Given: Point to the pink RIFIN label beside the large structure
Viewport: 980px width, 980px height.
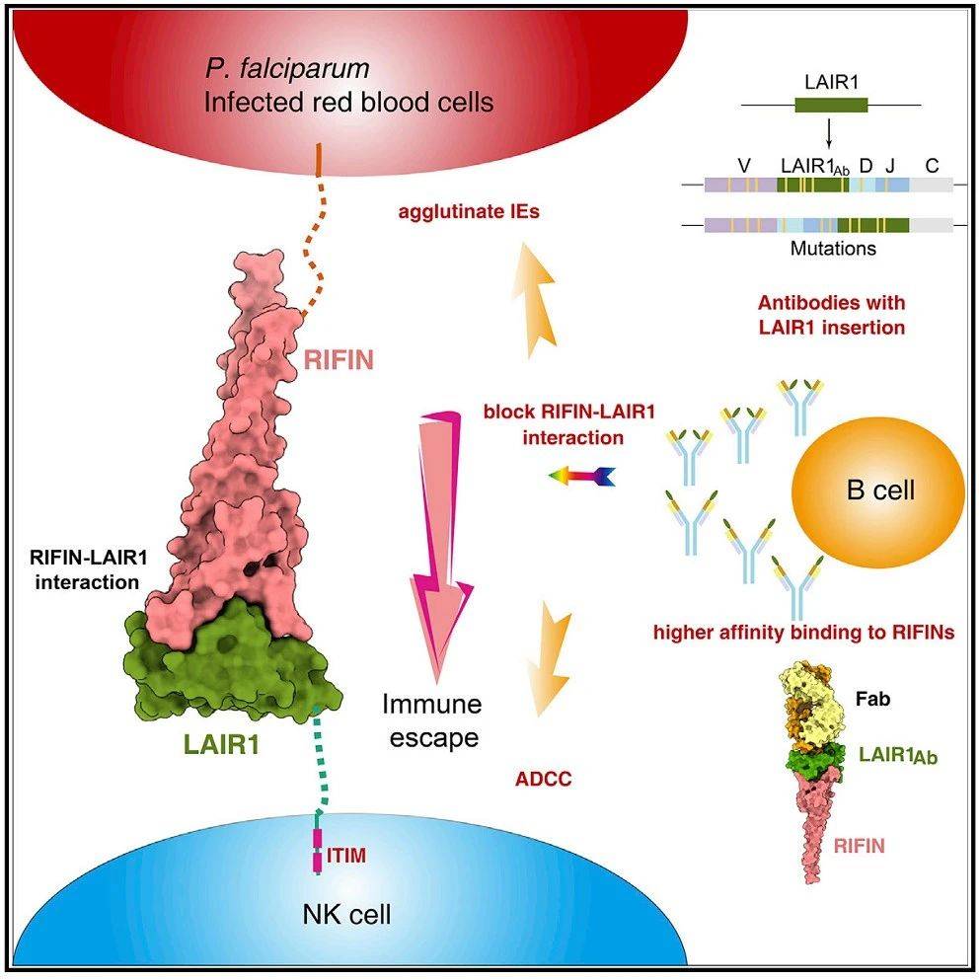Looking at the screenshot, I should point(339,360).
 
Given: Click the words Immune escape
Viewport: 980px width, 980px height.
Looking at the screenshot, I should point(432,720).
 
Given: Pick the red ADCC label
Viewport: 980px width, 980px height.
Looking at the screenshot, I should point(544,779).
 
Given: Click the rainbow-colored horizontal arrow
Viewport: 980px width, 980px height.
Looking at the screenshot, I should point(582,478).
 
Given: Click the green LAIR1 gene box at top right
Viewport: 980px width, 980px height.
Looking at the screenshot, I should point(832,105).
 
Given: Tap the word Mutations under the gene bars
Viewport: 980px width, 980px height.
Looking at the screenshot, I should point(832,249).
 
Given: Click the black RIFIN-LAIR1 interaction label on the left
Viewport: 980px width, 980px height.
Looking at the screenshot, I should point(87,571).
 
